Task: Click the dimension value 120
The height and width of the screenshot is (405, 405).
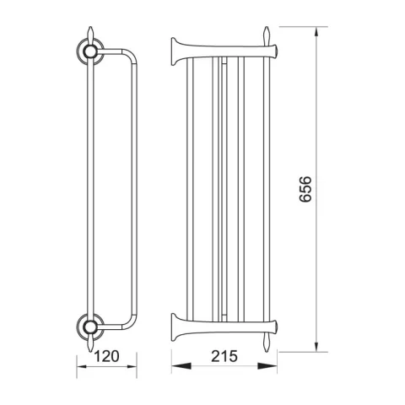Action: (x=106, y=356)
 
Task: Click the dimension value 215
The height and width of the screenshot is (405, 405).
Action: (x=224, y=356)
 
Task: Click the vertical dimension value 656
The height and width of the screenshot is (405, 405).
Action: (x=305, y=189)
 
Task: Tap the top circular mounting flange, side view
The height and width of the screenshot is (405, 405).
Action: (x=90, y=51)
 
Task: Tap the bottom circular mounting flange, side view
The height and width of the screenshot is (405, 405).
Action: (x=90, y=327)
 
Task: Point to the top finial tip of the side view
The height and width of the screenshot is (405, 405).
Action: (x=90, y=27)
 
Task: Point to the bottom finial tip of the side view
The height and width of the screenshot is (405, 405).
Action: (x=90, y=351)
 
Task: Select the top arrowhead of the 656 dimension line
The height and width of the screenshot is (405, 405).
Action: (x=316, y=32)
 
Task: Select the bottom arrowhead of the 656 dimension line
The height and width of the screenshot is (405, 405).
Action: (x=316, y=347)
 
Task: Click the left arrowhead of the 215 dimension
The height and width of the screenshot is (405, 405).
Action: (x=181, y=366)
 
